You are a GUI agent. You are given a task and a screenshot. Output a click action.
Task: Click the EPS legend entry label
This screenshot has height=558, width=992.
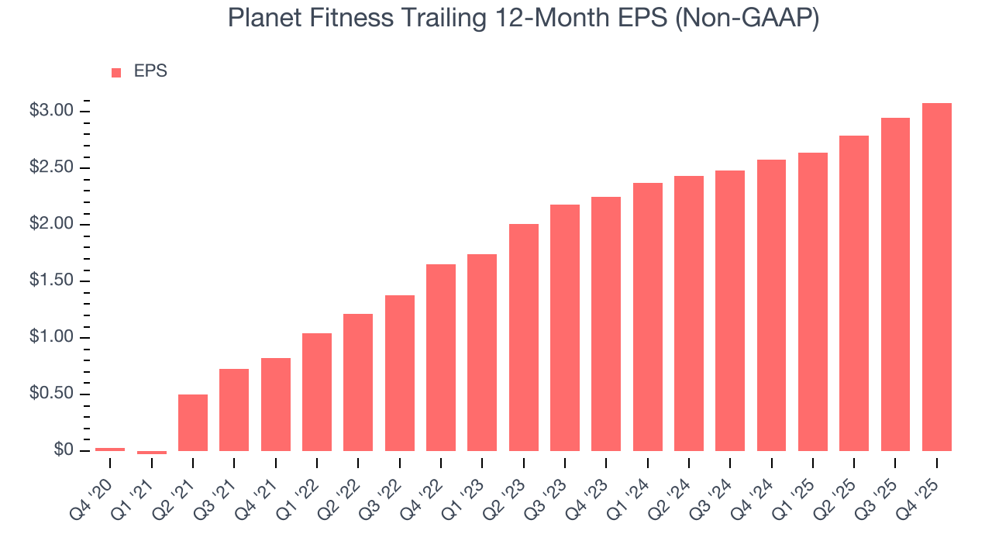tap(150, 71)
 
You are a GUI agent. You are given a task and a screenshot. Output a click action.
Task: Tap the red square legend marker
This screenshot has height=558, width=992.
tap(116, 72)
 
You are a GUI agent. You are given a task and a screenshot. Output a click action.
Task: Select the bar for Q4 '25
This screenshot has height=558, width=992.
tap(936, 277)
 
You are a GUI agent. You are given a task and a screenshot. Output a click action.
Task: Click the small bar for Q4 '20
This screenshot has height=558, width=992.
tap(110, 449)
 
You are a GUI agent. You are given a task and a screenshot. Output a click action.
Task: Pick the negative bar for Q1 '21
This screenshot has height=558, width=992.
tap(151, 453)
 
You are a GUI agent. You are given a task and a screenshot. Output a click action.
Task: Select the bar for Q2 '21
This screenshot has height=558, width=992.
tap(193, 422)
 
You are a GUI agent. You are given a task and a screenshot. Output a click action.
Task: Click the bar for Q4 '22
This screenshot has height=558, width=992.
tap(441, 357)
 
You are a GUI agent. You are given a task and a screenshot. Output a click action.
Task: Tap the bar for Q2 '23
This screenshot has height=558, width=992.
tap(523, 337)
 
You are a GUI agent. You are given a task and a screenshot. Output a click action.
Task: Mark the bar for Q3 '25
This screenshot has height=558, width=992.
tap(895, 284)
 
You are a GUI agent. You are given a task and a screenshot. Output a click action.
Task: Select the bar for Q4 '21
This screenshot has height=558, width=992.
tap(275, 404)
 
